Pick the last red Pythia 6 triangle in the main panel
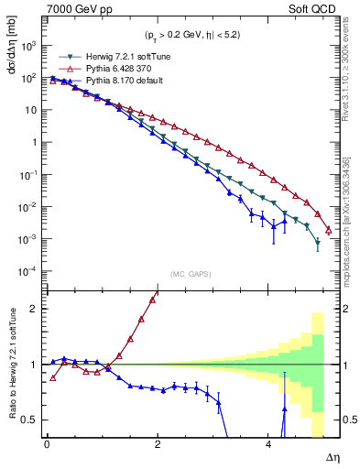pos(328,229)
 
